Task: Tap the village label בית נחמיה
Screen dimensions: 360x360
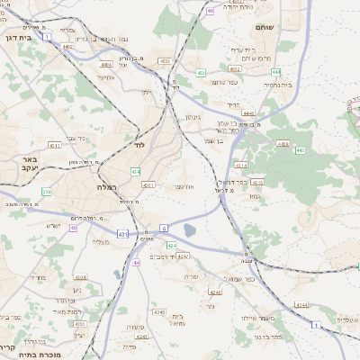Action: point(276,84)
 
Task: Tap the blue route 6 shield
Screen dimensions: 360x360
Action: point(163,228)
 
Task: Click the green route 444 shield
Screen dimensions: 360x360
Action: point(276,71)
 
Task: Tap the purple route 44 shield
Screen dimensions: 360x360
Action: point(137,262)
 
